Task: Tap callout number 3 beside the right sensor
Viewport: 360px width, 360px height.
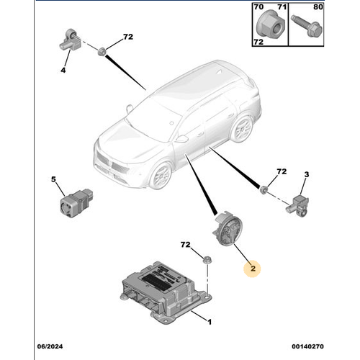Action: coord(306,175)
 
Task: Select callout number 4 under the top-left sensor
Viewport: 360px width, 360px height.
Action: coord(63,70)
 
